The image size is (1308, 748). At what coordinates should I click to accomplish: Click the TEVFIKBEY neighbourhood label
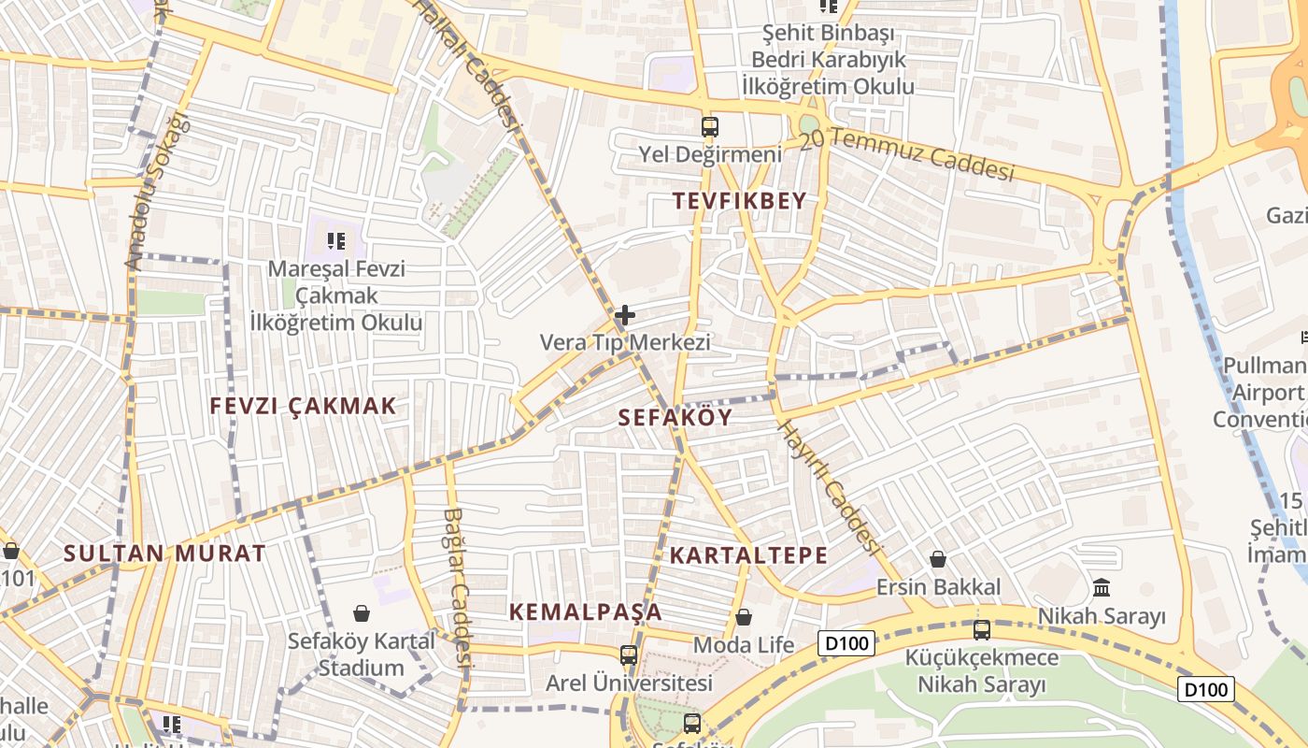(x=739, y=201)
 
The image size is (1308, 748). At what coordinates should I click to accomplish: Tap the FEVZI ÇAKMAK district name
(x=304, y=406)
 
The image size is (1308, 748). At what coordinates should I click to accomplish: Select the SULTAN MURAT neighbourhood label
(x=164, y=553)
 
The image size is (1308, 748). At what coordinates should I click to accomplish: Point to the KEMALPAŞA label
(x=586, y=612)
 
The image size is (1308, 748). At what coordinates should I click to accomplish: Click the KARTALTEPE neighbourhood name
(x=748, y=555)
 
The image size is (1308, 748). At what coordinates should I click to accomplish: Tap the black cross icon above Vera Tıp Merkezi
(x=625, y=316)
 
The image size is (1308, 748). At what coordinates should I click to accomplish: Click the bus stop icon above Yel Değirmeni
(x=710, y=126)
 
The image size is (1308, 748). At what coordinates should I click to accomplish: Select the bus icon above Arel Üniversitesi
(x=629, y=654)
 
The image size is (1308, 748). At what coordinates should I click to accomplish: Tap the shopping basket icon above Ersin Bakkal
(x=938, y=559)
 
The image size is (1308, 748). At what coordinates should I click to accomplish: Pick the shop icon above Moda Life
(x=744, y=617)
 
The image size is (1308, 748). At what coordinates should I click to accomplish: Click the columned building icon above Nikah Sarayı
(x=1102, y=588)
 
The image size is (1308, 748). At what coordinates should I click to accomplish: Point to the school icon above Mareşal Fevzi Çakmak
(x=336, y=241)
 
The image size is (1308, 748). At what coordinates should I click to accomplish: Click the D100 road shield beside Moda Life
(x=846, y=643)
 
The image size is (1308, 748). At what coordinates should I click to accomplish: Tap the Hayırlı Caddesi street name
(x=830, y=486)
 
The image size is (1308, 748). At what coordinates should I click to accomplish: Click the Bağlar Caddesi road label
(x=455, y=584)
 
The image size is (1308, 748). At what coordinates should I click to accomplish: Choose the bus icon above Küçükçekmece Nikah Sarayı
(x=981, y=629)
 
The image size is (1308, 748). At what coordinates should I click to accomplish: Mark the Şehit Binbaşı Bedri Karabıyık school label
(x=828, y=60)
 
